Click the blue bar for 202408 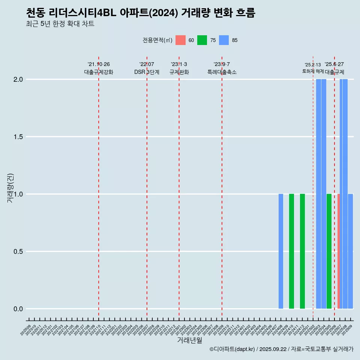pyautogui.click(x=281, y=251)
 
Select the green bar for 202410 pyautogui.click(x=291, y=251)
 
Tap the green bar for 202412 pyautogui.click(x=302, y=251)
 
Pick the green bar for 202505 pyautogui.click(x=329, y=251)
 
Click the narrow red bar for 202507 pyautogui.click(x=338, y=251)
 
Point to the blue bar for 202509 pyautogui.click(x=350, y=251)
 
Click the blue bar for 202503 pyautogui.click(x=318, y=194)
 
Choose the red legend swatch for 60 pyautogui.click(x=180, y=40)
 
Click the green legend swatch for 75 pyautogui.click(x=202, y=40)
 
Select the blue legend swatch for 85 pyautogui.click(x=224, y=40)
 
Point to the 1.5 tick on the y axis pyautogui.click(x=18, y=137)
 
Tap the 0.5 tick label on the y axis pyautogui.click(x=18, y=252)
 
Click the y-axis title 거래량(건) pyautogui.click(x=10, y=188)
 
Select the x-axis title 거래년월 pyautogui.click(x=189, y=340)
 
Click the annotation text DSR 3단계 pyautogui.click(x=147, y=72)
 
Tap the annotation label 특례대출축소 pyautogui.click(x=222, y=72)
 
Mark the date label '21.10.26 pyautogui.click(x=99, y=64)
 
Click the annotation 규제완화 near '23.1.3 pyautogui.click(x=179, y=72)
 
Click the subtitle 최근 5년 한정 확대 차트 pyautogui.click(x=60, y=24)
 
